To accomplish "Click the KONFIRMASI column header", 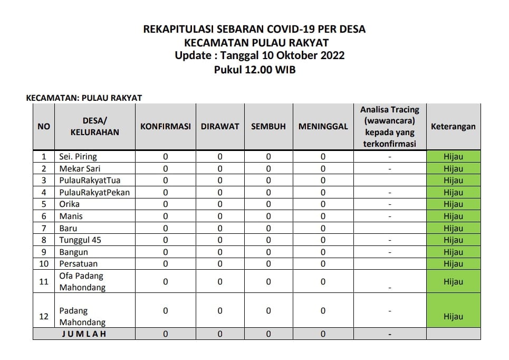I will click(165, 127).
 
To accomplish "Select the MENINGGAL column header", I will click(323, 127).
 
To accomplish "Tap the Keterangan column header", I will click(453, 127).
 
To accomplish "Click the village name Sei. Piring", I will click(78, 157).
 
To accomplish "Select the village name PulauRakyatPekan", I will click(94, 193).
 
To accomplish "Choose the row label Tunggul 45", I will click(80, 240).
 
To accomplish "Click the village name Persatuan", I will click(79, 264).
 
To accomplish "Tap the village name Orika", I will click(70, 204).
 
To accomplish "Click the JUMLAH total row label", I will click(84, 334).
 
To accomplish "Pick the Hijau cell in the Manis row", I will click(453, 216).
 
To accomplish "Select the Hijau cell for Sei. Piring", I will click(453, 157).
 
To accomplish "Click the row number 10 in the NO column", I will click(44, 264).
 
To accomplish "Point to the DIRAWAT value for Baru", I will click(220, 228).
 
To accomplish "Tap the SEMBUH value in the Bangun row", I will click(268, 252).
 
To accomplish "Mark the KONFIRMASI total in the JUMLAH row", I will click(165, 334).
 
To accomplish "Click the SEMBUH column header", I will click(268, 127).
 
